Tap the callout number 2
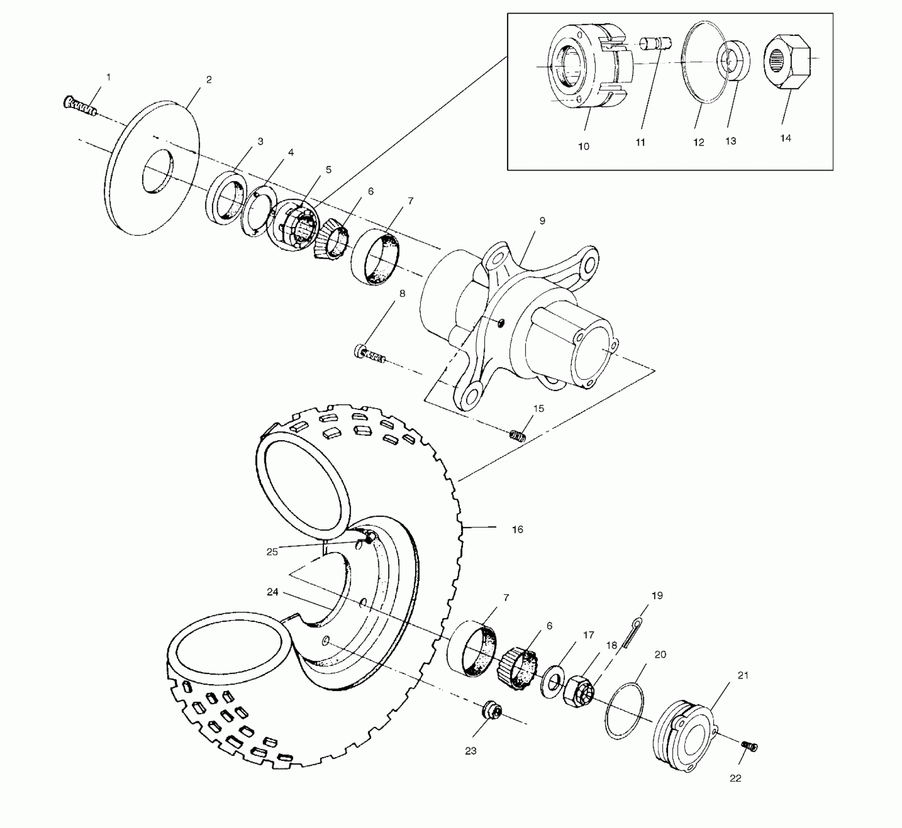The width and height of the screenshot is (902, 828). click(x=209, y=80)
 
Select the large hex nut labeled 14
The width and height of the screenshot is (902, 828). click(x=787, y=62)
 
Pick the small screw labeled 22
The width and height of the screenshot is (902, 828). click(x=750, y=746)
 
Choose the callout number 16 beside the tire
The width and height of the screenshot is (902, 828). click(x=517, y=529)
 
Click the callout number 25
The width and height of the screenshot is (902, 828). click(x=272, y=552)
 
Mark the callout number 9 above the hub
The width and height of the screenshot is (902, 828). click(x=542, y=221)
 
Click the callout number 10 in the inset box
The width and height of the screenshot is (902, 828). click(x=583, y=147)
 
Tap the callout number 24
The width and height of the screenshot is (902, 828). click(x=272, y=592)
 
